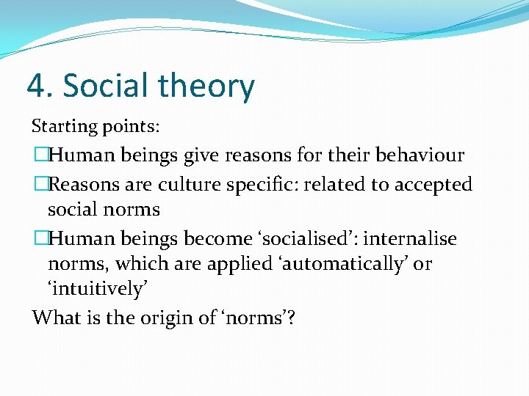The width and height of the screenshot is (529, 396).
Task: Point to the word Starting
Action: [64, 126]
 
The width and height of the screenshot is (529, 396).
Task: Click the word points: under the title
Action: [131, 126]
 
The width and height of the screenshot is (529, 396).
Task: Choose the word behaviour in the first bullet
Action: [420, 155]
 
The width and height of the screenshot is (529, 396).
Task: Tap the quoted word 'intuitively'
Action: [98, 290]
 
